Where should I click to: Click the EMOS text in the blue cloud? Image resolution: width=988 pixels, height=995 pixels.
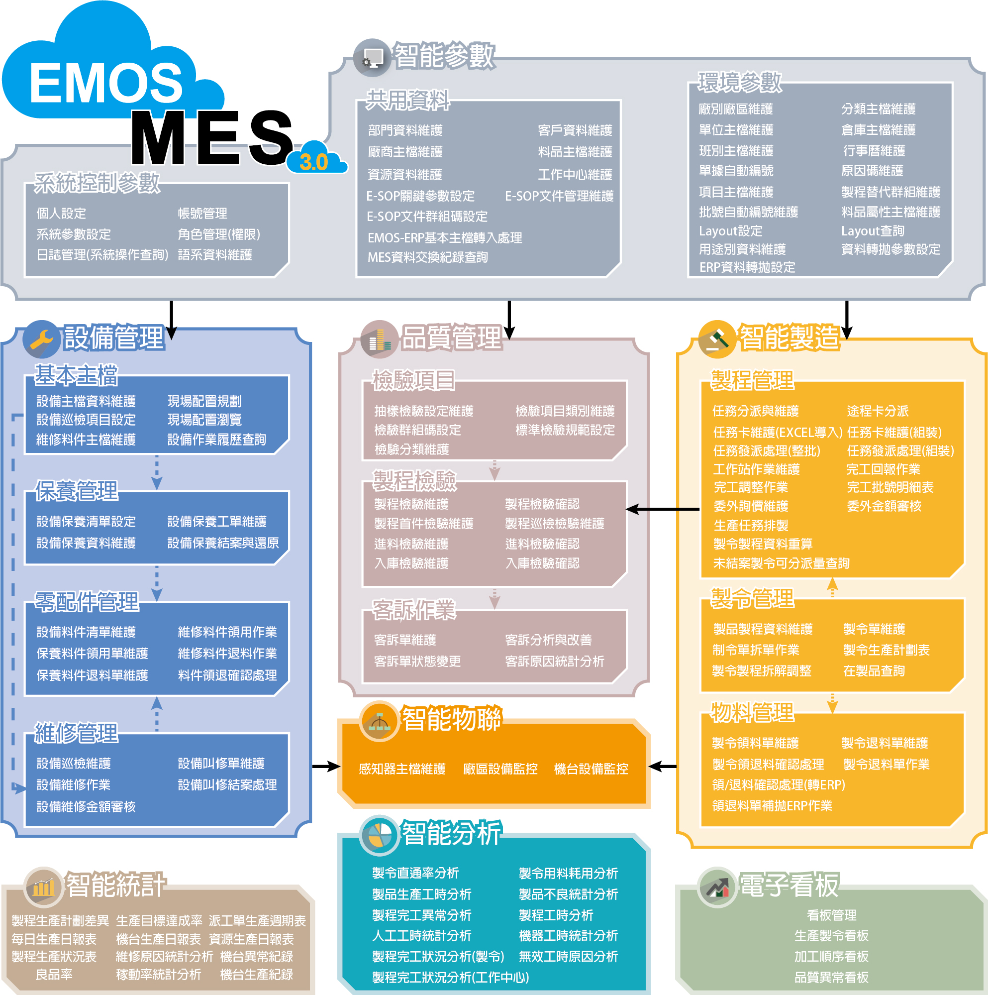click(x=105, y=83)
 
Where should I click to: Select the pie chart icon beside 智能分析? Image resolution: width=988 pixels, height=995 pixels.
click(x=379, y=834)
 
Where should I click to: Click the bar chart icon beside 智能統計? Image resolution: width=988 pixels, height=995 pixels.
click(x=44, y=887)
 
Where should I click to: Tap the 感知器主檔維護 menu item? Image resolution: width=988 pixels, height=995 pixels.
click(x=402, y=769)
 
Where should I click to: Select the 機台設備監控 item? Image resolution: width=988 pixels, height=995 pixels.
click(x=591, y=769)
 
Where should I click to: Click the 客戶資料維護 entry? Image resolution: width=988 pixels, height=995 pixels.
click(x=575, y=130)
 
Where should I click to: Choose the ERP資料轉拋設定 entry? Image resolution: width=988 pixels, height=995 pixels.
click(x=747, y=267)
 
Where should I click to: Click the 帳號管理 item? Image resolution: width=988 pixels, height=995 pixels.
click(x=202, y=213)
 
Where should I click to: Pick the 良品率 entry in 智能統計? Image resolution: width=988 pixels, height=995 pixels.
click(x=54, y=975)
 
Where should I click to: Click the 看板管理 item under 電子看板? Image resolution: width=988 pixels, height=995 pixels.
click(x=831, y=915)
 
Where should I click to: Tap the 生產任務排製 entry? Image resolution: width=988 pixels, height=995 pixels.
click(x=751, y=525)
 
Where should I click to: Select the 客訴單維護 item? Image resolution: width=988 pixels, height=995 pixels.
click(x=405, y=640)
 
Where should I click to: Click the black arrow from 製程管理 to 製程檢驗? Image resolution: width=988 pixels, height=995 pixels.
click(x=663, y=509)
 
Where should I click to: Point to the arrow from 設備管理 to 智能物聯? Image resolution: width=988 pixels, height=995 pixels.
click(x=326, y=767)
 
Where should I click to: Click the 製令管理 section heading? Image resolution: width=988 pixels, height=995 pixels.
click(x=752, y=598)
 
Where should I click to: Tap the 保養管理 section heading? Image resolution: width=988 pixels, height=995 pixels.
click(x=76, y=490)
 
